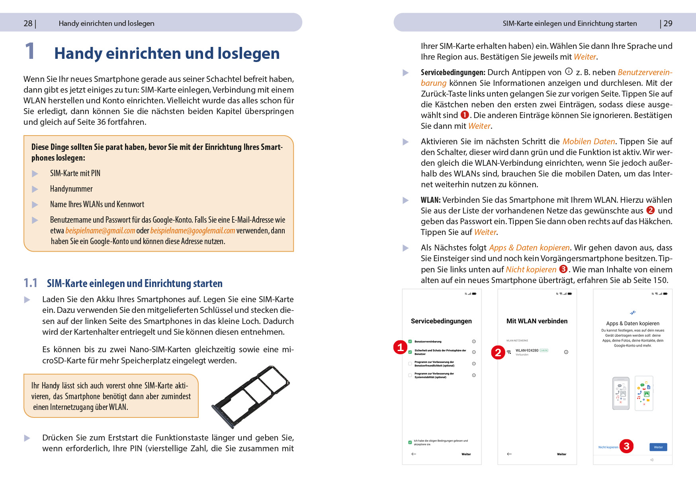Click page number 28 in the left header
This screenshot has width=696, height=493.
click(28, 23)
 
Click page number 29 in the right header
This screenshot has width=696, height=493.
click(668, 23)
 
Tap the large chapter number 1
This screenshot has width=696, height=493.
click(30, 52)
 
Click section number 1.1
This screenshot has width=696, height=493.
click(30, 283)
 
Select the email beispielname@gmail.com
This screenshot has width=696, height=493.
click(100, 231)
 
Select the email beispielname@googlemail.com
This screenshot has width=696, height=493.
click(193, 231)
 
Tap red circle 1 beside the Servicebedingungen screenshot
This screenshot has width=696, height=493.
click(400, 347)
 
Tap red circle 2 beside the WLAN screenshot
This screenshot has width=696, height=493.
click(498, 352)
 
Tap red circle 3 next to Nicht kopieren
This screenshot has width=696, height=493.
click(626, 446)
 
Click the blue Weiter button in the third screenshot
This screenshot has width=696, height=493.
click(658, 447)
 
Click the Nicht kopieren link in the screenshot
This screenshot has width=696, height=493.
click(608, 447)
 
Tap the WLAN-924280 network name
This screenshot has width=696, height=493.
click(527, 351)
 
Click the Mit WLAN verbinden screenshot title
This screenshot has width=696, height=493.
click(537, 321)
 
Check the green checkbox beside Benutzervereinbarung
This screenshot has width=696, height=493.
click(410, 342)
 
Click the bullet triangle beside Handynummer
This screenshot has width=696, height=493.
click(35, 189)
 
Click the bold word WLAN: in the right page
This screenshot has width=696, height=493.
click(430, 200)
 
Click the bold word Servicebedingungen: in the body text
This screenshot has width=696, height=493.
click(453, 72)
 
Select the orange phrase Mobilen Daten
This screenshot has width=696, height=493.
click(588, 142)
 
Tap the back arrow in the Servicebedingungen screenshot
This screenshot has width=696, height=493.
click(414, 454)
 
